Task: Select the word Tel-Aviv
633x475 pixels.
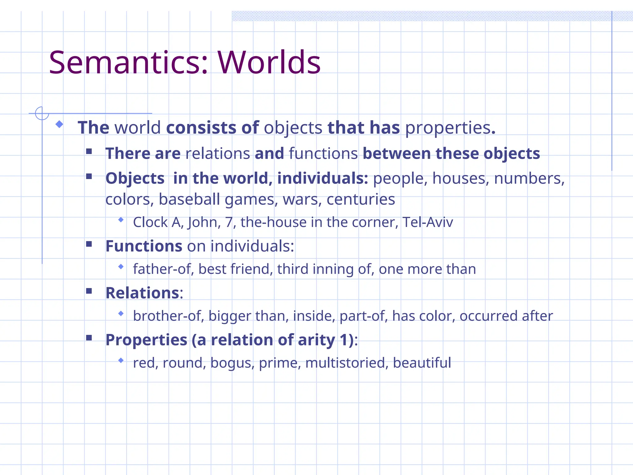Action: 427,222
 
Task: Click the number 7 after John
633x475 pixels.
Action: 229,222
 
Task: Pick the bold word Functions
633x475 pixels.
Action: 144,246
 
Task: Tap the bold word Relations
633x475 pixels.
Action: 142,293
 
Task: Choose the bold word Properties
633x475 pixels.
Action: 146,340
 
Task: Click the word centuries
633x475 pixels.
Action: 361,199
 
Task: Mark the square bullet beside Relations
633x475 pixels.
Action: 89,291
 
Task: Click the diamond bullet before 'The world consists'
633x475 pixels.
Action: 59,124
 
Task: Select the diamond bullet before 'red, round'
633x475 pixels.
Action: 121,360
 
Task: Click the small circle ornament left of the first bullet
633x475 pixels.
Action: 42,113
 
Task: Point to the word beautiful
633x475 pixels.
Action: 422,363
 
